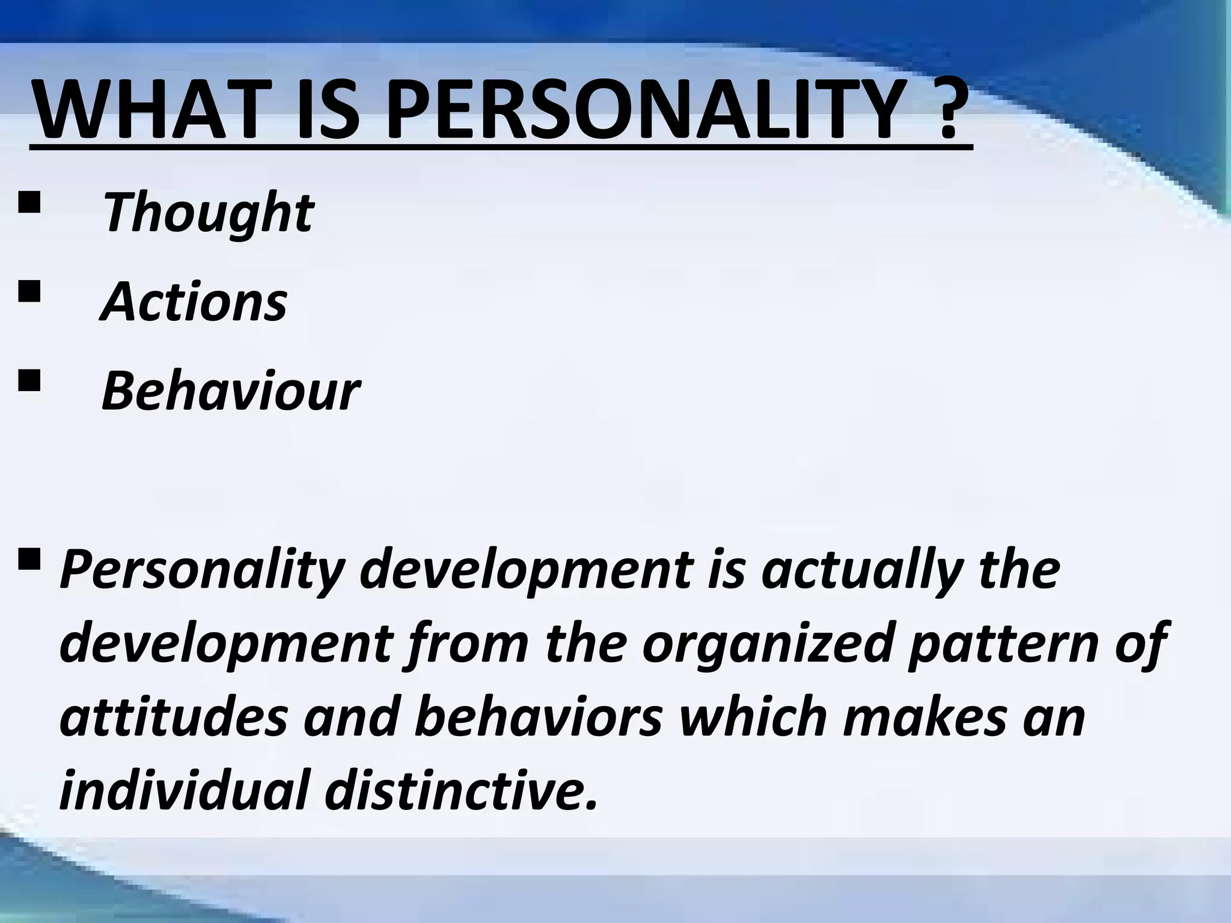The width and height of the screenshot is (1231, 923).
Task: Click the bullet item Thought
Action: coord(207,213)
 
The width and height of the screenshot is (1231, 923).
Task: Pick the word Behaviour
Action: coord(230,392)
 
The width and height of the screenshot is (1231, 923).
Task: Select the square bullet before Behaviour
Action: coord(29,382)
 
